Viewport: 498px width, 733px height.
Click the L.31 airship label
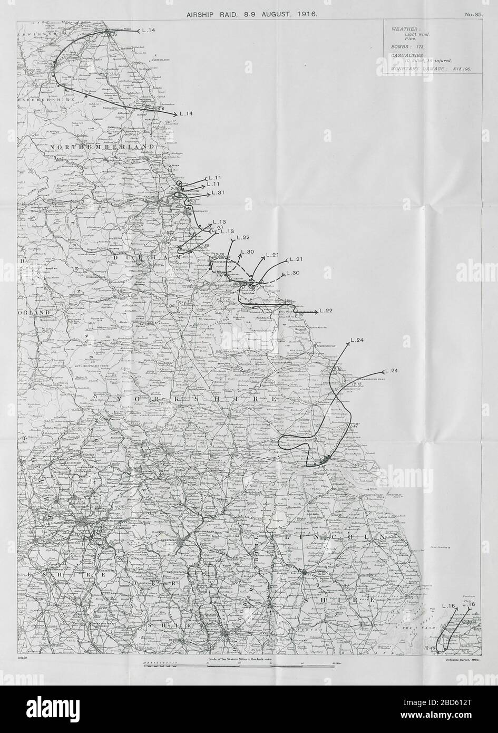[218, 194]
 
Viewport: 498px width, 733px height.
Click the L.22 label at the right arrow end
[326, 311]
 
